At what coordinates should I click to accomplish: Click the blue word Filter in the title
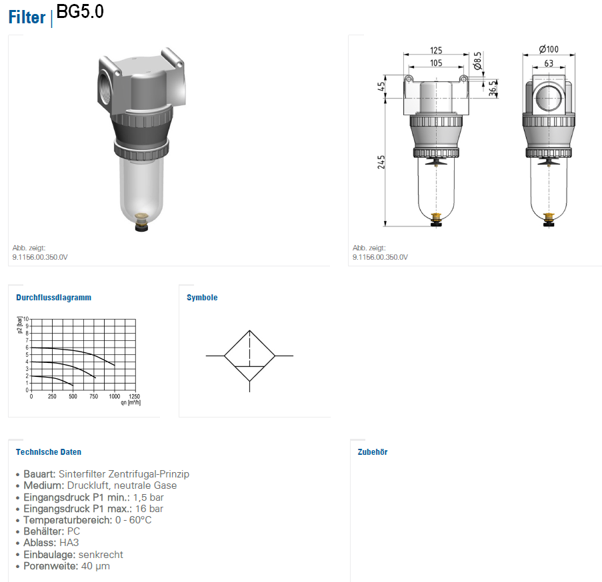27,17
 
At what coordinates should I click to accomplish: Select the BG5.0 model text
80,11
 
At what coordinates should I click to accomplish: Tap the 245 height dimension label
381,162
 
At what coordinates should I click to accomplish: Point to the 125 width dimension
436,50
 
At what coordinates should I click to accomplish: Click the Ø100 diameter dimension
549,49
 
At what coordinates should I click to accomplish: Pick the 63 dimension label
549,63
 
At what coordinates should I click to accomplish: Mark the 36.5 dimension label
493,89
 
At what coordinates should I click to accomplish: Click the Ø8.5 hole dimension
477,61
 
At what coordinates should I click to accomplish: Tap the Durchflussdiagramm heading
54,298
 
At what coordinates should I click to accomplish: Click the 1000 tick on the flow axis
115,396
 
